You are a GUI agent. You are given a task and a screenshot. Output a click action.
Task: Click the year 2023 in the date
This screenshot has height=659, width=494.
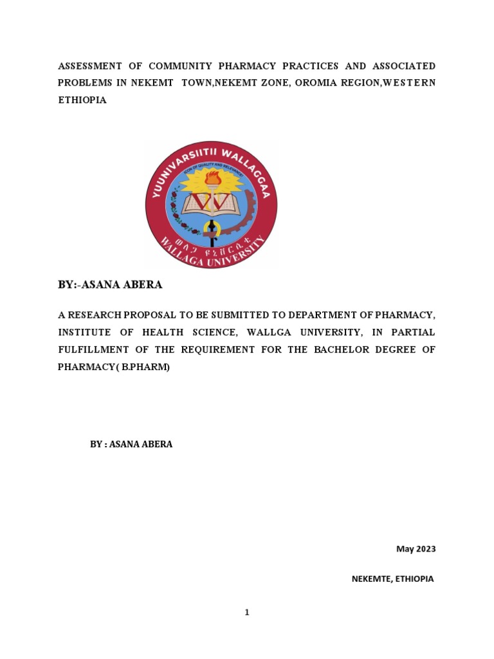pyautogui.click(x=425, y=549)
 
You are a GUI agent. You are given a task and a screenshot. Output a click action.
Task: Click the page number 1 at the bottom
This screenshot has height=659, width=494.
pyautogui.click(x=246, y=613)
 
